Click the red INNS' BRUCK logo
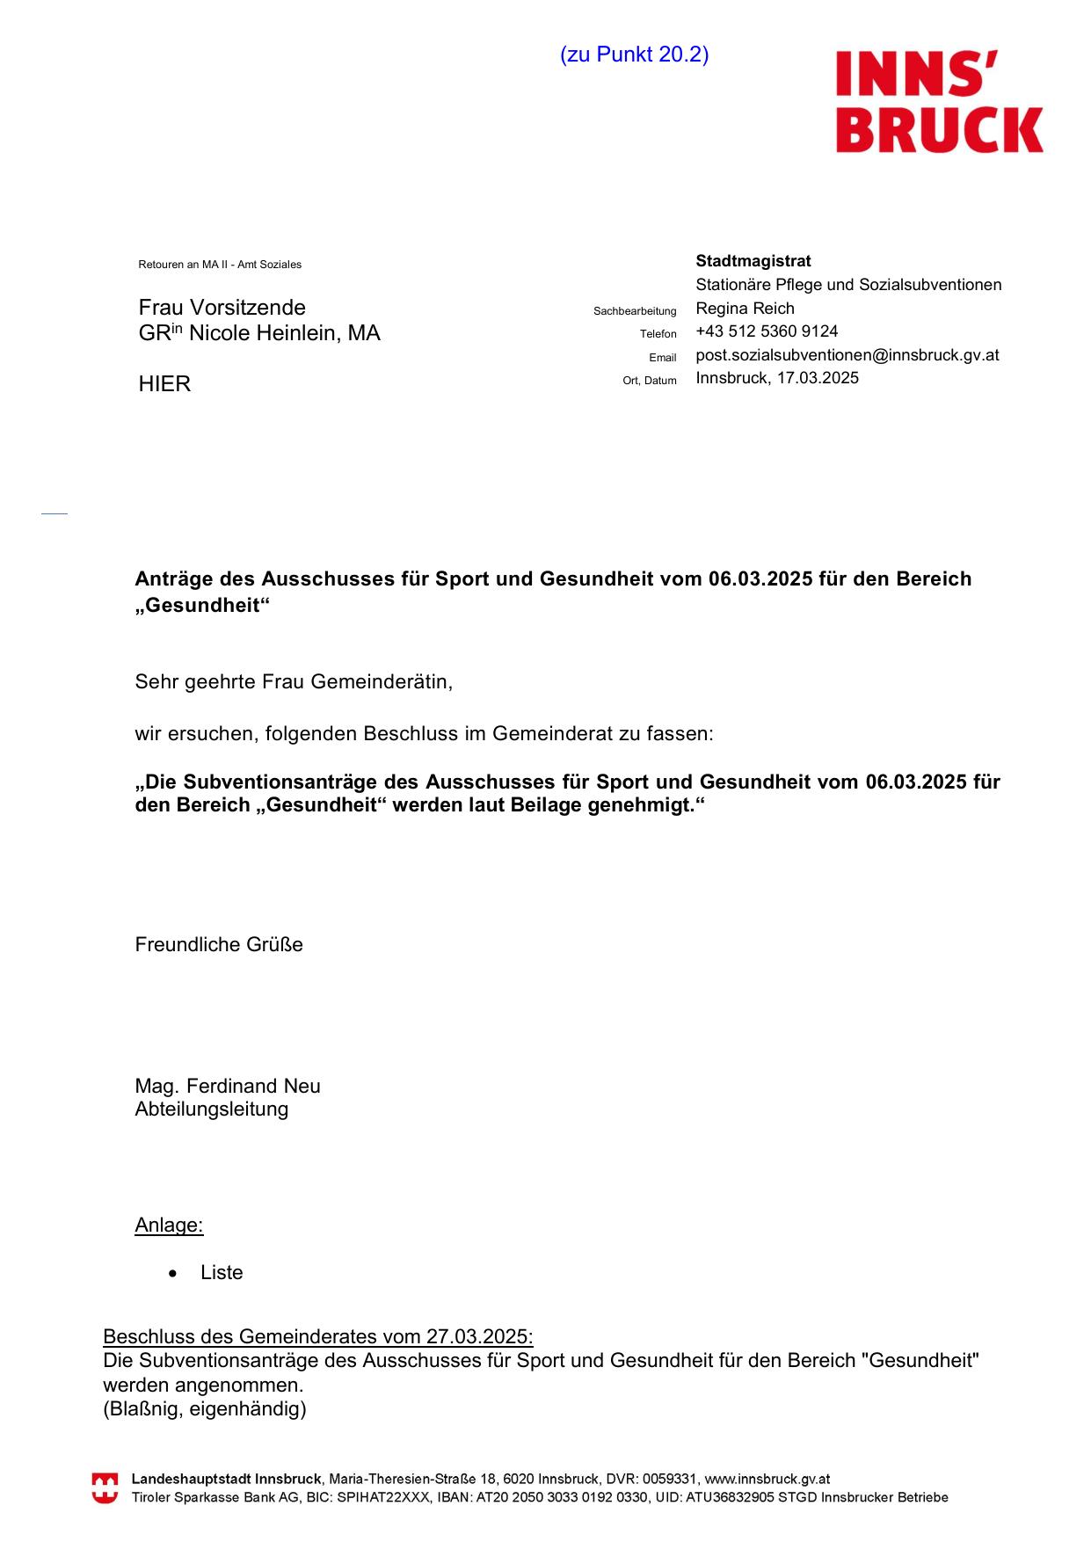click(x=939, y=101)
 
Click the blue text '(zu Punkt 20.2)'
click(x=634, y=55)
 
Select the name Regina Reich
click(x=745, y=309)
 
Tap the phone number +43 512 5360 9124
click(x=767, y=331)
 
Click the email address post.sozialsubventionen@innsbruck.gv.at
click(x=847, y=355)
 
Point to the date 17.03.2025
click(x=818, y=378)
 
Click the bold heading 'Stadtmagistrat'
click(x=753, y=261)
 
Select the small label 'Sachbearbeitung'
click(x=635, y=311)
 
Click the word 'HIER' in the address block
click(x=164, y=384)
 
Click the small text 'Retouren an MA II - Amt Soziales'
click(x=220, y=265)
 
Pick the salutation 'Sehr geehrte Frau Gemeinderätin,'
click(x=294, y=681)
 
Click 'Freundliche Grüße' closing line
click(x=219, y=945)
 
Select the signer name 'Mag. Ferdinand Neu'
click(x=228, y=1087)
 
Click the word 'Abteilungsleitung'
click(x=211, y=1109)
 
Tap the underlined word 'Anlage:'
click(x=169, y=1226)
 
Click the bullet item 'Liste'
click(x=222, y=1273)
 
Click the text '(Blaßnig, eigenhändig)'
click(x=205, y=1409)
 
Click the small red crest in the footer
click(x=105, y=1488)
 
